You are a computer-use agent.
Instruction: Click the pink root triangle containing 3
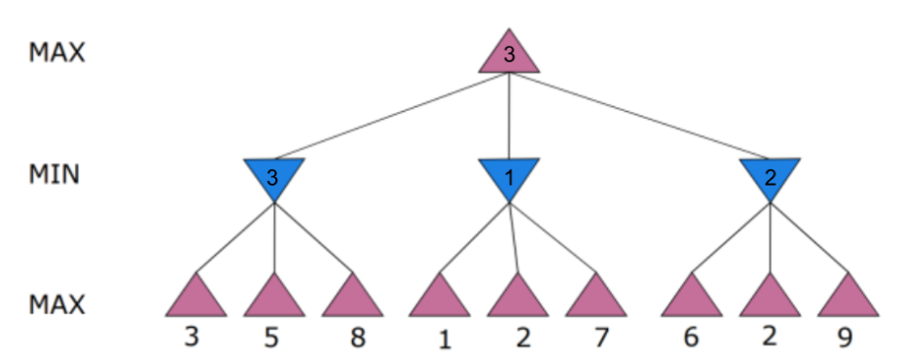508,54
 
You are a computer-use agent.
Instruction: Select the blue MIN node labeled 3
273,176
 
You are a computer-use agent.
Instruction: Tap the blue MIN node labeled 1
508,176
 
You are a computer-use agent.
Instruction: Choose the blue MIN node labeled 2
770,176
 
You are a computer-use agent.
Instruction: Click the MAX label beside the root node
56,53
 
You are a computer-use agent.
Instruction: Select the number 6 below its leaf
692,338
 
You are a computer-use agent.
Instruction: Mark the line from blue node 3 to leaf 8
313,236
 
